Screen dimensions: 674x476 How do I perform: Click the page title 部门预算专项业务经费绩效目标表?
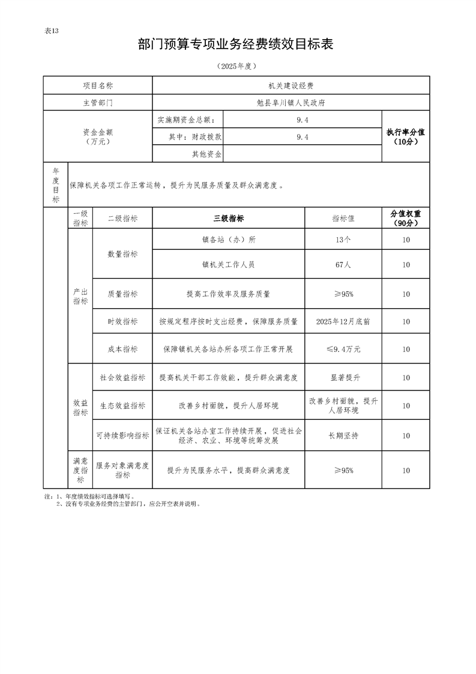click(x=235, y=44)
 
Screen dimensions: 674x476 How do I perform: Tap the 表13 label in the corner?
click(x=52, y=31)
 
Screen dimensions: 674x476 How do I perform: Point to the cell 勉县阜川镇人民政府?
click(x=291, y=103)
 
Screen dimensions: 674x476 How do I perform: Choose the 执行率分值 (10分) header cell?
click(x=406, y=137)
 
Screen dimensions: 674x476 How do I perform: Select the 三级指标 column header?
click(x=229, y=219)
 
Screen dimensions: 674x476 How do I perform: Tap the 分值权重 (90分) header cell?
click(x=406, y=219)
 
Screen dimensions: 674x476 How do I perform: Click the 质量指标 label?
click(x=122, y=294)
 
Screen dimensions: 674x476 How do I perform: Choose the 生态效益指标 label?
click(x=122, y=406)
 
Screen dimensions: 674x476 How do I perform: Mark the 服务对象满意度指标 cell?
click(x=122, y=470)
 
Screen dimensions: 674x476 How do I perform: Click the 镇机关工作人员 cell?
click(x=229, y=264)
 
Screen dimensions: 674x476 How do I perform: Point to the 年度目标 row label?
click(x=56, y=185)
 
